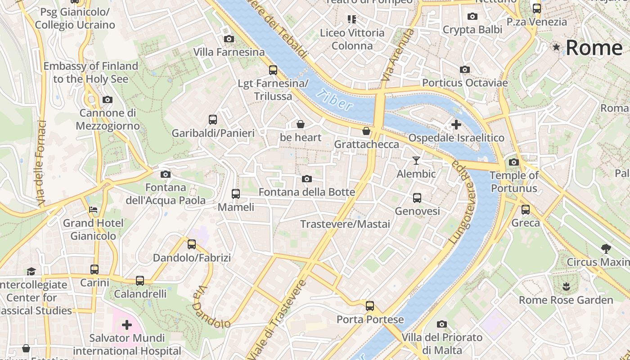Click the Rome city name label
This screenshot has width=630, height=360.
(x=594, y=47)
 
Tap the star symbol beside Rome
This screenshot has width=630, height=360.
(x=557, y=47)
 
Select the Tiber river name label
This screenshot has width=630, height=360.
(x=334, y=100)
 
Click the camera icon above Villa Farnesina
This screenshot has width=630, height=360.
(x=229, y=39)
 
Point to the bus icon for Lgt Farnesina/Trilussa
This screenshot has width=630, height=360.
(x=273, y=70)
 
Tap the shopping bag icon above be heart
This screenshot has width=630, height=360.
(x=300, y=124)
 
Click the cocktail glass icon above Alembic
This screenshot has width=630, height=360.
(x=416, y=160)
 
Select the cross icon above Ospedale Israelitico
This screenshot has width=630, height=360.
(x=456, y=124)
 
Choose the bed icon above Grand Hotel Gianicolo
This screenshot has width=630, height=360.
(x=93, y=209)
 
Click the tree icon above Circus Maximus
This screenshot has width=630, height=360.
(x=606, y=248)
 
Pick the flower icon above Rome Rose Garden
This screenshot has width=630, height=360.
(x=566, y=286)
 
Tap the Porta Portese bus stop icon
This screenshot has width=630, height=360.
(x=370, y=306)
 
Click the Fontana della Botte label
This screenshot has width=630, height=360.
(x=306, y=192)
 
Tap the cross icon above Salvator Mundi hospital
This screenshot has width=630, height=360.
(x=127, y=324)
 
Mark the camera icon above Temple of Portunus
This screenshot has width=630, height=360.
(x=513, y=162)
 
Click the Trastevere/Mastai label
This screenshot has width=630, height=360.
(x=345, y=224)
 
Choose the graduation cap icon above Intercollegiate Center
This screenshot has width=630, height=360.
(x=31, y=271)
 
